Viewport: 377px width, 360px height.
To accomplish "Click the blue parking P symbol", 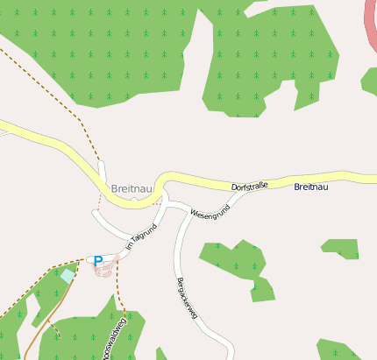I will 98,260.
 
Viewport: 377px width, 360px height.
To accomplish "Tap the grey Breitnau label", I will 132,189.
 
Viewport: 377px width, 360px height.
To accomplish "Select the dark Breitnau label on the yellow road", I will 311,187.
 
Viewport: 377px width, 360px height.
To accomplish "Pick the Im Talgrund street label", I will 141,238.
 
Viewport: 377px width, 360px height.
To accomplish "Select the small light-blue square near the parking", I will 68,275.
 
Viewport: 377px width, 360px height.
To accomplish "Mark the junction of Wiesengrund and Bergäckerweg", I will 186,211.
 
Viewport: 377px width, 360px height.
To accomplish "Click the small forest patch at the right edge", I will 368,81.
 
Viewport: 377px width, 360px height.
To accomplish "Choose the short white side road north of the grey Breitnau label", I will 103,172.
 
